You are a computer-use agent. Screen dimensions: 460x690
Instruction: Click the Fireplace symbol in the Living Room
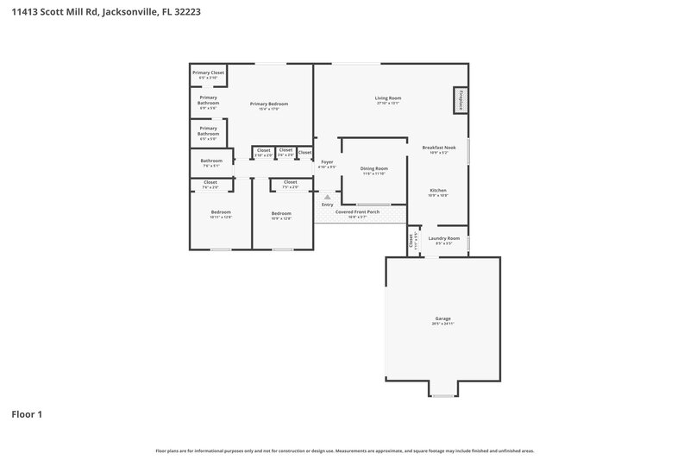click(461, 100)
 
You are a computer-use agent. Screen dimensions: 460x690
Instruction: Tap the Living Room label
click(387, 98)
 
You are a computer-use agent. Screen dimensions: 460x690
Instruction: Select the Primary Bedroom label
click(268, 104)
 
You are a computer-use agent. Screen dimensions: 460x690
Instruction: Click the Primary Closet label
click(208, 72)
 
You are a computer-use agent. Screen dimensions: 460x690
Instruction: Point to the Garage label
click(442, 319)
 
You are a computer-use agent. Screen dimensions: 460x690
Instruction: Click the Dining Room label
click(373, 168)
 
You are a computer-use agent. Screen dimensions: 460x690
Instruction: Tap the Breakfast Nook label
click(439, 148)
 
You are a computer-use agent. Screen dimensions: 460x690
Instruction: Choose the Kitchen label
click(438, 190)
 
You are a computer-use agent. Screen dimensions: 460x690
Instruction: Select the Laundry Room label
click(443, 238)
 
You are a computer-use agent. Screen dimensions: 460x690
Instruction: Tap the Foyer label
click(327, 161)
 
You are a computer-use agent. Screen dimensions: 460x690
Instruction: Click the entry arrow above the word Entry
click(327, 197)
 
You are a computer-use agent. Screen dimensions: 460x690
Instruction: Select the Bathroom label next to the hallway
click(211, 161)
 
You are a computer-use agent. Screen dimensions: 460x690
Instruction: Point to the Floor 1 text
click(26, 414)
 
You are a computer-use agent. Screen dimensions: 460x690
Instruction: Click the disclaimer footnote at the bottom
click(344, 451)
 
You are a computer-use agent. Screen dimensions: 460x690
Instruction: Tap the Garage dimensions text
click(442, 325)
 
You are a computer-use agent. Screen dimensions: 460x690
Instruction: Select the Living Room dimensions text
click(387, 104)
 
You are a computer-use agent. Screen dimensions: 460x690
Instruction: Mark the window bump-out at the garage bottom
click(442, 390)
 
